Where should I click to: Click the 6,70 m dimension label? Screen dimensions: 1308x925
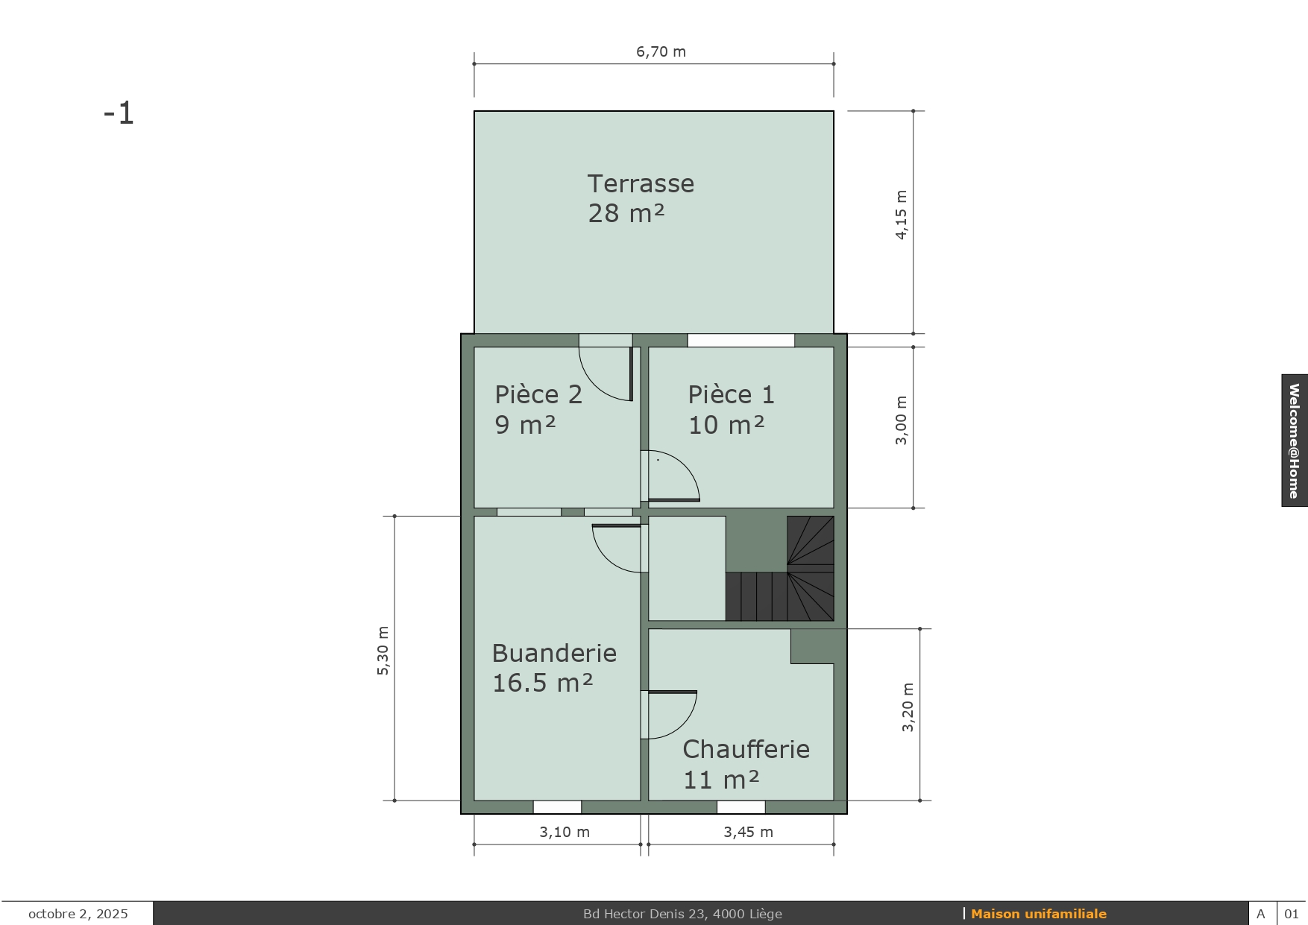click(x=661, y=51)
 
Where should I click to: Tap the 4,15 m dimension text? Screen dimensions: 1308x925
click(x=902, y=215)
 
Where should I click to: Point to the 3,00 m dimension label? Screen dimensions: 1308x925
click(x=902, y=420)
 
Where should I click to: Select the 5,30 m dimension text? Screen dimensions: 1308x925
click(x=383, y=651)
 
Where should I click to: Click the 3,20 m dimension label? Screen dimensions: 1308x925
click(x=908, y=707)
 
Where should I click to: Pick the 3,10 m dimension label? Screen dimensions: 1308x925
click(x=565, y=832)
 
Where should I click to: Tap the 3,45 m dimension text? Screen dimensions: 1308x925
click(x=748, y=832)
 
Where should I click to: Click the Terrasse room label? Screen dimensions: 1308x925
click(x=641, y=183)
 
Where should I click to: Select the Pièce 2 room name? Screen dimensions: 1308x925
click(x=538, y=394)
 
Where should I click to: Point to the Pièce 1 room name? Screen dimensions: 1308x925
click(x=732, y=394)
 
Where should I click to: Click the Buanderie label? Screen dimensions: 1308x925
click(x=554, y=653)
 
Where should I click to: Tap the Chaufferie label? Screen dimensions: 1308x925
click(x=746, y=749)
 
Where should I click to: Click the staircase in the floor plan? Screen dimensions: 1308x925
click(x=780, y=569)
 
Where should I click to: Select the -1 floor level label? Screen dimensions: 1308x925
click(x=119, y=113)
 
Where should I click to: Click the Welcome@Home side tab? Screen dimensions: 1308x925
click(x=1295, y=441)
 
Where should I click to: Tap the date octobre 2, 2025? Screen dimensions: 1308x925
click(x=78, y=914)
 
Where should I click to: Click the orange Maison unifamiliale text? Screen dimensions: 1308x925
click(x=1038, y=914)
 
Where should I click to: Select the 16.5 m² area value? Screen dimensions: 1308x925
click(x=542, y=683)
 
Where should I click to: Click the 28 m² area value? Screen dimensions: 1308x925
click(x=626, y=213)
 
